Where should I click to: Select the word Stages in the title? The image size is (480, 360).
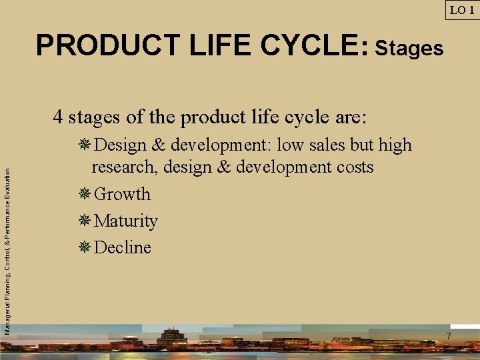[409, 48]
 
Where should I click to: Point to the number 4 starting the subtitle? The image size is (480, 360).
[59, 117]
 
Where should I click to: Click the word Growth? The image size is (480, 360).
[123, 194]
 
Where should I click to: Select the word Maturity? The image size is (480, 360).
[126, 221]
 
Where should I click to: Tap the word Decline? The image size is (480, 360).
[123, 247]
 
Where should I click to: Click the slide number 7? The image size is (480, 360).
[449, 336]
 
